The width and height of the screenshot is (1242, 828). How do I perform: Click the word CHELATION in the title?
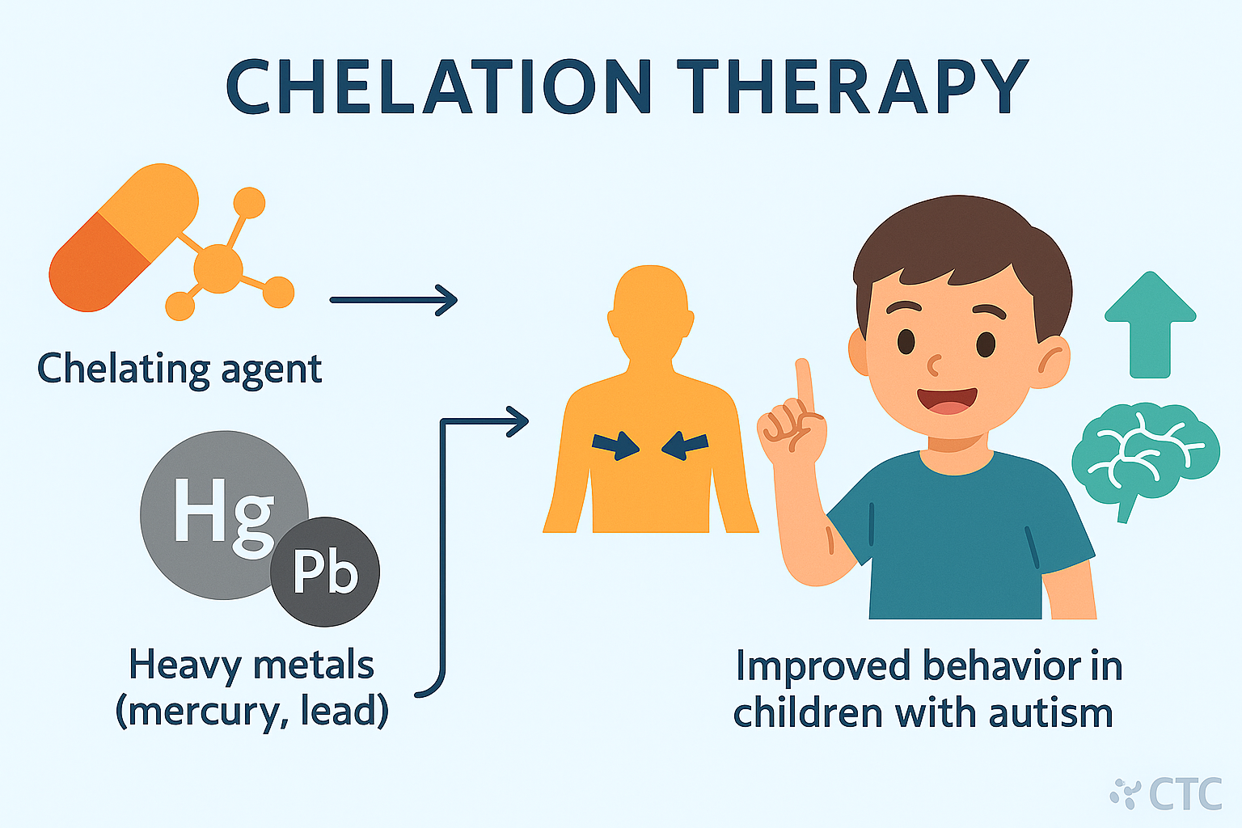pos(438,87)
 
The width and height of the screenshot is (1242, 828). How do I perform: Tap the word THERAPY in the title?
pos(852,87)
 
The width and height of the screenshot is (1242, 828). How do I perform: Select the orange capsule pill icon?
pos(124,238)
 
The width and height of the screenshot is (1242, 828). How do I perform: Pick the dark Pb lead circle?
pos(325,572)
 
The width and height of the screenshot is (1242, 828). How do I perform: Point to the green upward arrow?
pos(1150,325)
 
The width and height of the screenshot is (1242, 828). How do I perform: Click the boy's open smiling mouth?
pos(947,401)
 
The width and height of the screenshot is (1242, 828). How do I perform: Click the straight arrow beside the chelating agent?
pos(394,300)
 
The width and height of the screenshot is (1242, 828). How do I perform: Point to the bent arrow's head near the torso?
pos(517,421)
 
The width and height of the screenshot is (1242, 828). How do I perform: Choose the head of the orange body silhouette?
pos(651,310)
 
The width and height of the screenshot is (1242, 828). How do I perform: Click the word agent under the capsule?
pos(272,370)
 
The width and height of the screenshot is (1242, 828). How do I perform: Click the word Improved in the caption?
pos(823,666)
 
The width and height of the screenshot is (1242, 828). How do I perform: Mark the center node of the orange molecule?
pos(218,268)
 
